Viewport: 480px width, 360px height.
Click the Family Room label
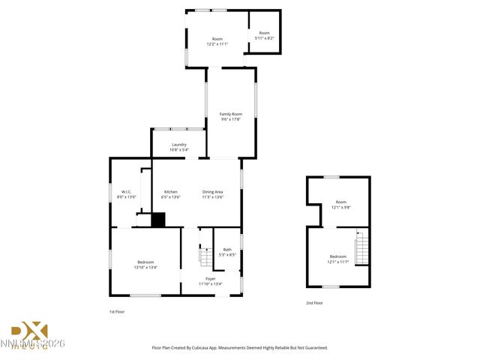[231, 114]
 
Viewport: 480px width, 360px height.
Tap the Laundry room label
[178, 145]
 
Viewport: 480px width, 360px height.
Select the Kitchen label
[171, 192]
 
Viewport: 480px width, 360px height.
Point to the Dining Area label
[212, 192]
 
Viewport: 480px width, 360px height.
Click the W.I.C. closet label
[127, 192]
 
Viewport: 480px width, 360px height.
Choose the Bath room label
[227, 249]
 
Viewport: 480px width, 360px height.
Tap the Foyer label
[211, 278]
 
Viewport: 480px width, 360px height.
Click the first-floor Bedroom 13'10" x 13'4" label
[145, 262]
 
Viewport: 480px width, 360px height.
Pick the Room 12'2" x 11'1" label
[217, 39]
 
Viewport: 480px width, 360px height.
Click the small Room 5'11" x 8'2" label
[264, 33]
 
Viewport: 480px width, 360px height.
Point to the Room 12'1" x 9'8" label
[341, 202]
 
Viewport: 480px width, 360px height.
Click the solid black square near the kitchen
[158, 220]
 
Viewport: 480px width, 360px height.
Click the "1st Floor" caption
[118, 310]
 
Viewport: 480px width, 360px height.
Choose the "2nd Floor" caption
[314, 303]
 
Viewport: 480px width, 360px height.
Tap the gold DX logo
[29, 331]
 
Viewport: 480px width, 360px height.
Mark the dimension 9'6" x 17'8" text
[231, 118]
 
